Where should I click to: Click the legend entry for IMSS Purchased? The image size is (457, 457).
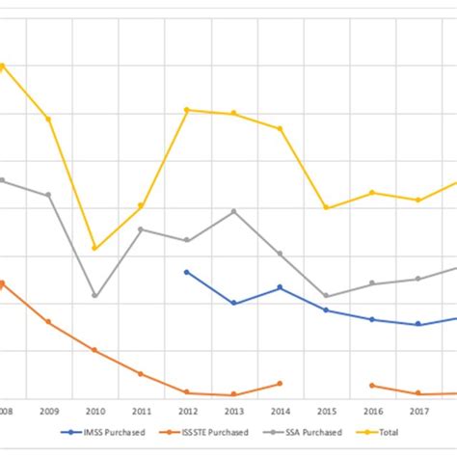[x=111, y=433]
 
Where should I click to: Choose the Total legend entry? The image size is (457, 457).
[x=383, y=433]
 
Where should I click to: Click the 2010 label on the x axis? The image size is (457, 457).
[x=94, y=411]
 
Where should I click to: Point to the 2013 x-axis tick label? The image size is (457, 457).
[x=233, y=411]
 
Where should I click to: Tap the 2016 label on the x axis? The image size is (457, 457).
[x=372, y=411]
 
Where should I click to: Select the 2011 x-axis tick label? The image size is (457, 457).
[x=141, y=411]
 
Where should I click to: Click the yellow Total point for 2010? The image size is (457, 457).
[x=94, y=249]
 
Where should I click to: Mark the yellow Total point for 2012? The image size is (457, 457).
[x=187, y=110]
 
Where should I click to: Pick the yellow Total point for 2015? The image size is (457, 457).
[x=326, y=208]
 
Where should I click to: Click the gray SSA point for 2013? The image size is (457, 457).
[x=233, y=211]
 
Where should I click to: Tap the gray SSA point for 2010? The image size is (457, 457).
[x=94, y=296]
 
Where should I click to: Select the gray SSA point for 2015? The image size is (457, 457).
[x=326, y=296]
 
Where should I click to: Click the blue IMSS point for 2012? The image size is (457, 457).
[x=187, y=272]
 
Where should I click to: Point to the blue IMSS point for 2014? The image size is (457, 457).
[x=280, y=287]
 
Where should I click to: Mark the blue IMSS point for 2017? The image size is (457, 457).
[x=418, y=324]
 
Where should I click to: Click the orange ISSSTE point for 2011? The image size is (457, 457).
[x=141, y=374]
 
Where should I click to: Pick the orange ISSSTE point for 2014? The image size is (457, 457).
[x=280, y=384]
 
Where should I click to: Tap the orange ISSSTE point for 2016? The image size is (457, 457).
[x=372, y=386]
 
